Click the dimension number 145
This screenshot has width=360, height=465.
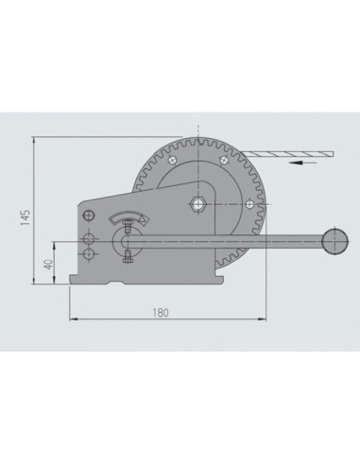coord(26,217)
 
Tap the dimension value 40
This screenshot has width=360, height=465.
coord(49,265)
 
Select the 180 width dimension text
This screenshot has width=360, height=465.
coord(161,313)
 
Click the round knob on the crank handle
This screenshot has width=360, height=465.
coord(335,241)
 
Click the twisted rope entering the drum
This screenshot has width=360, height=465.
coord(288,154)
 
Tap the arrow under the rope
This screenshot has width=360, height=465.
coord(302,163)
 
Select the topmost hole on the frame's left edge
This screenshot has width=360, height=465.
coord(89,215)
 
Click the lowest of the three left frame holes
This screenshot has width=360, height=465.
coord(89,253)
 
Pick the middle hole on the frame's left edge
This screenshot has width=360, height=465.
coord(89,239)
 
